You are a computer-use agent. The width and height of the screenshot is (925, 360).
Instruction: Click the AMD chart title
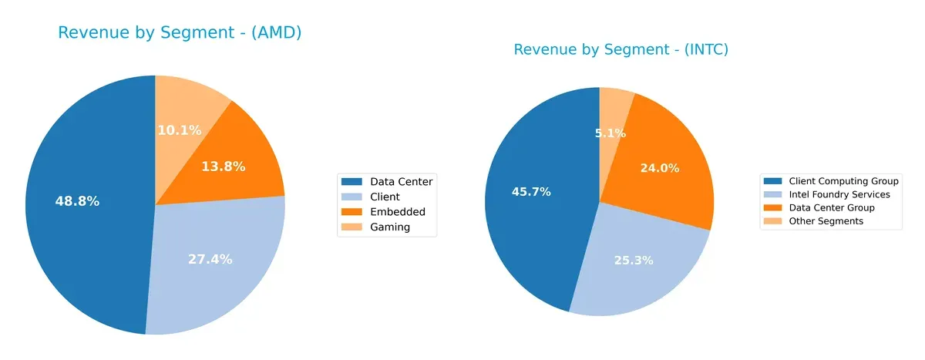tap(180, 32)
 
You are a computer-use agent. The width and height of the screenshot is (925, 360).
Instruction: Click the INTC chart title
tap(621, 50)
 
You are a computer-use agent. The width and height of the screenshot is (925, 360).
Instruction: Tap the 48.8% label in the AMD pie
tap(77, 201)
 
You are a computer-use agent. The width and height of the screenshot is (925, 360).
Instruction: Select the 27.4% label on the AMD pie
tap(210, 259)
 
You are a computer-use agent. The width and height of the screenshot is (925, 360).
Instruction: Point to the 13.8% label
tap(223, 166)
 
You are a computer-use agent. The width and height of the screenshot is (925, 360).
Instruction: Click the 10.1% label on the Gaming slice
tap(180, 130)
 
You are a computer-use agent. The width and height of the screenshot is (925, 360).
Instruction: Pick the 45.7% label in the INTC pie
tap(531, 191)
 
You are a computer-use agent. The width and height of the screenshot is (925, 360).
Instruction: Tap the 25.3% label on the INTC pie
tap(634, 260)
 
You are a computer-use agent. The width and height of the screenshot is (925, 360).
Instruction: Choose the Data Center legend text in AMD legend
tap(401, 182)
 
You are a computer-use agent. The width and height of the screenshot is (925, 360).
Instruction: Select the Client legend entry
tap(385, 197)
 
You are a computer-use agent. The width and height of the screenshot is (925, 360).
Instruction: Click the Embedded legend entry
tap(397, 212)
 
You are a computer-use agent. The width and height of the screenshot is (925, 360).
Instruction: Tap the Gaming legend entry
tap(390, 227)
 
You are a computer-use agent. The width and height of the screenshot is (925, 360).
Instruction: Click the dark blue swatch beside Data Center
tap(351, 182)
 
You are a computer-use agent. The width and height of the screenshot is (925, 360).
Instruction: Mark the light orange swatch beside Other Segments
tap(772, 221)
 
